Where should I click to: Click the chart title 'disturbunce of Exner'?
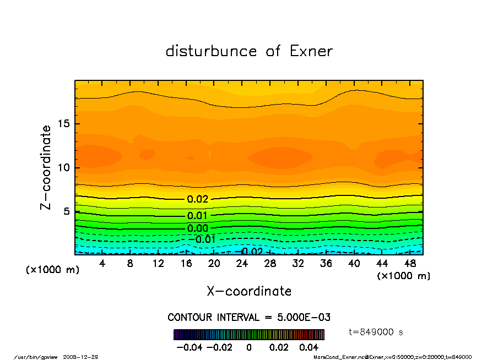pyautogui.click(x=249, y=51)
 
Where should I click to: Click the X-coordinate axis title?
pyautogui.click(x=249, y=291)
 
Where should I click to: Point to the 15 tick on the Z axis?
pyautogui.click(x=64, y=124)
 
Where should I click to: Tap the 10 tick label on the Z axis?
pyautogui.click(x=64, y=167)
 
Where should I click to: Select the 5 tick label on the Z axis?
pyautogui.click(x=67, y=211)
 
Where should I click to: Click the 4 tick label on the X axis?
pyautogui.click(x=102, y=264)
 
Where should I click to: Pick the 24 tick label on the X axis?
pyautogui.click(x=242, y=264)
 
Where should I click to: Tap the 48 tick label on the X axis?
pyautogui.click(x=410, y=264)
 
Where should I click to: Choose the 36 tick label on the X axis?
pyautogui.click(x=326, y=264)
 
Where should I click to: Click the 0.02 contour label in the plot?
pyautogui.click(x=197, y=199)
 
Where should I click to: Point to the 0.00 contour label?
pyautogui.click(x=197, y=228)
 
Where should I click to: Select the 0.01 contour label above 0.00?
pyautogui.click(x=197, y=216)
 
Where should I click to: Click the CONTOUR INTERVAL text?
pyautogui.click(x=249, y=318)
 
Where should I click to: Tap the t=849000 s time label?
pyautogui.click(x=377, y=332)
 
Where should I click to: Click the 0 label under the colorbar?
pyautogui.click(x=249, y=347)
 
